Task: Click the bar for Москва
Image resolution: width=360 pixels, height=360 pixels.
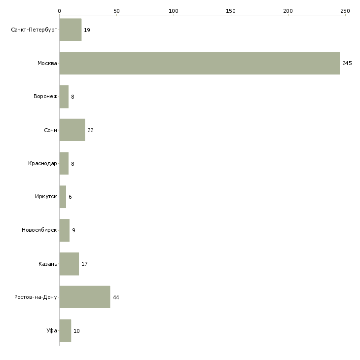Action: (200, 63)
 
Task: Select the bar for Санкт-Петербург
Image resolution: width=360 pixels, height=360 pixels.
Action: (71, 30)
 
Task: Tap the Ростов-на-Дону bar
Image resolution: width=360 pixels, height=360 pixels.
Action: (85, 297)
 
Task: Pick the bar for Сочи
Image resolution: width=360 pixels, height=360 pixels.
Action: (72, 130)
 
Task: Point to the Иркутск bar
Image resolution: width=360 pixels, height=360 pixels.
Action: (63, 197)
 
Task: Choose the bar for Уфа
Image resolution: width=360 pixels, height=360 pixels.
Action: (65, 330)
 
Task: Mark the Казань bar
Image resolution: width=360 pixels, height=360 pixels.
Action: (69, 264)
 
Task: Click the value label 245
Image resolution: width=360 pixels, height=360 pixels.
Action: (347, 63)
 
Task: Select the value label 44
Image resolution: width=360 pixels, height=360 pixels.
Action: (116, 297)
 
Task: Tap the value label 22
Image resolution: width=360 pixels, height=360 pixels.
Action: (90, 130)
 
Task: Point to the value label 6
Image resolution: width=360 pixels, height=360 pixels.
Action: (70, 197)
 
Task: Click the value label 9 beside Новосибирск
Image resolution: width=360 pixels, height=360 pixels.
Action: (73, 230)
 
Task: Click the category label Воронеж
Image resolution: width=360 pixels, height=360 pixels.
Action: (45, 96)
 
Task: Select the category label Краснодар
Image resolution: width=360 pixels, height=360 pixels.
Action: (42, 163)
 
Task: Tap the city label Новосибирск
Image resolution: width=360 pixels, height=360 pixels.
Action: (39, 230)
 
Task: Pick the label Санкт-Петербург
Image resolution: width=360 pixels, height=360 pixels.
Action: (34, 30)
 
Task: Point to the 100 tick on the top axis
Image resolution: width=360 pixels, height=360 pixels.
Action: (174, 11)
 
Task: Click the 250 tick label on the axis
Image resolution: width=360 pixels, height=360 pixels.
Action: (345, 11)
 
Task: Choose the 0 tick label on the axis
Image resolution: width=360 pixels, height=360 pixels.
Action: (60, 11)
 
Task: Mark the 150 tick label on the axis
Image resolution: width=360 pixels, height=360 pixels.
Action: (231, 11)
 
